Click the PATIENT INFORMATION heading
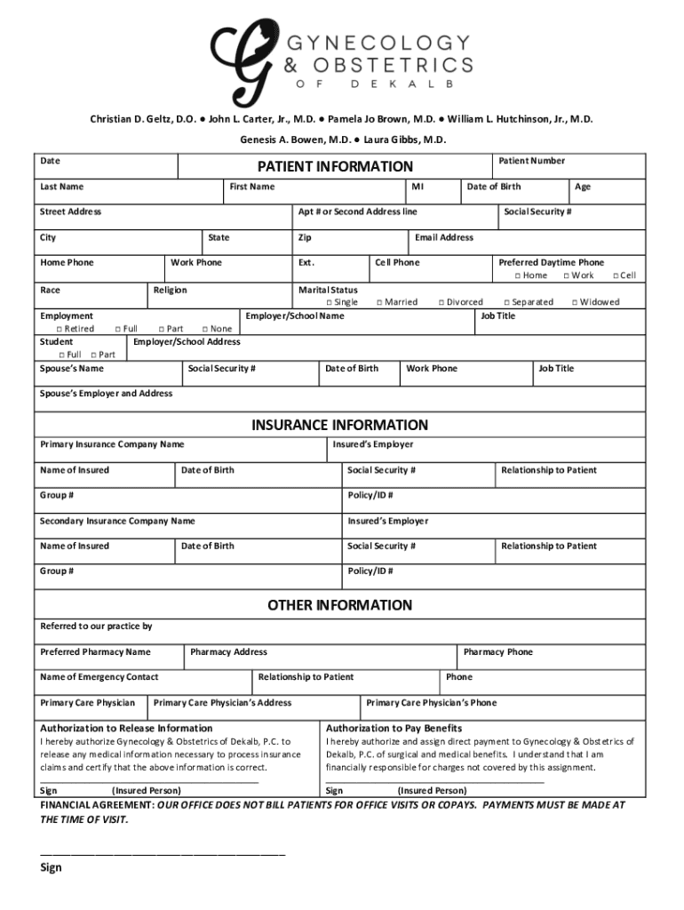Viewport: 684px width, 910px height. click(x=335, y=166)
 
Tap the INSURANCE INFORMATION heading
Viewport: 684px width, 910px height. click(x=339, y=425)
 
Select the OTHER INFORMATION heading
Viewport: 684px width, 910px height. click(x=339, y=605)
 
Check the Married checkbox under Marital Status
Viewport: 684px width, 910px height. click(x=378, y=302)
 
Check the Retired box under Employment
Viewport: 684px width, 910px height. click(x=59, y=329)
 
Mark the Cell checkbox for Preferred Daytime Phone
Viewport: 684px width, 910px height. click(x=614, y=275)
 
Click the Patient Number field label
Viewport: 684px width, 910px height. click(x=531, y=161)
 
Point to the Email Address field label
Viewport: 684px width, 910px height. click(x=443, y=237)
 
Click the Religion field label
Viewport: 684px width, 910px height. click(x=170, y=290)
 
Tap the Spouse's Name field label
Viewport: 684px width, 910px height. click(x=71, y=368)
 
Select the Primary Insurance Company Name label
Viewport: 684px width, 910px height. click(x=112, y=444)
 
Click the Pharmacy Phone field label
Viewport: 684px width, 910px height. click(x=497, y=652)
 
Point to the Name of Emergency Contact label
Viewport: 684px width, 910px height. click(x=99, y=677)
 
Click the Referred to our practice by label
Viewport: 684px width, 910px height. click(x=96, y=627)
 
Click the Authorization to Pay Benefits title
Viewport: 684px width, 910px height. click(x=394, y=728)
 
